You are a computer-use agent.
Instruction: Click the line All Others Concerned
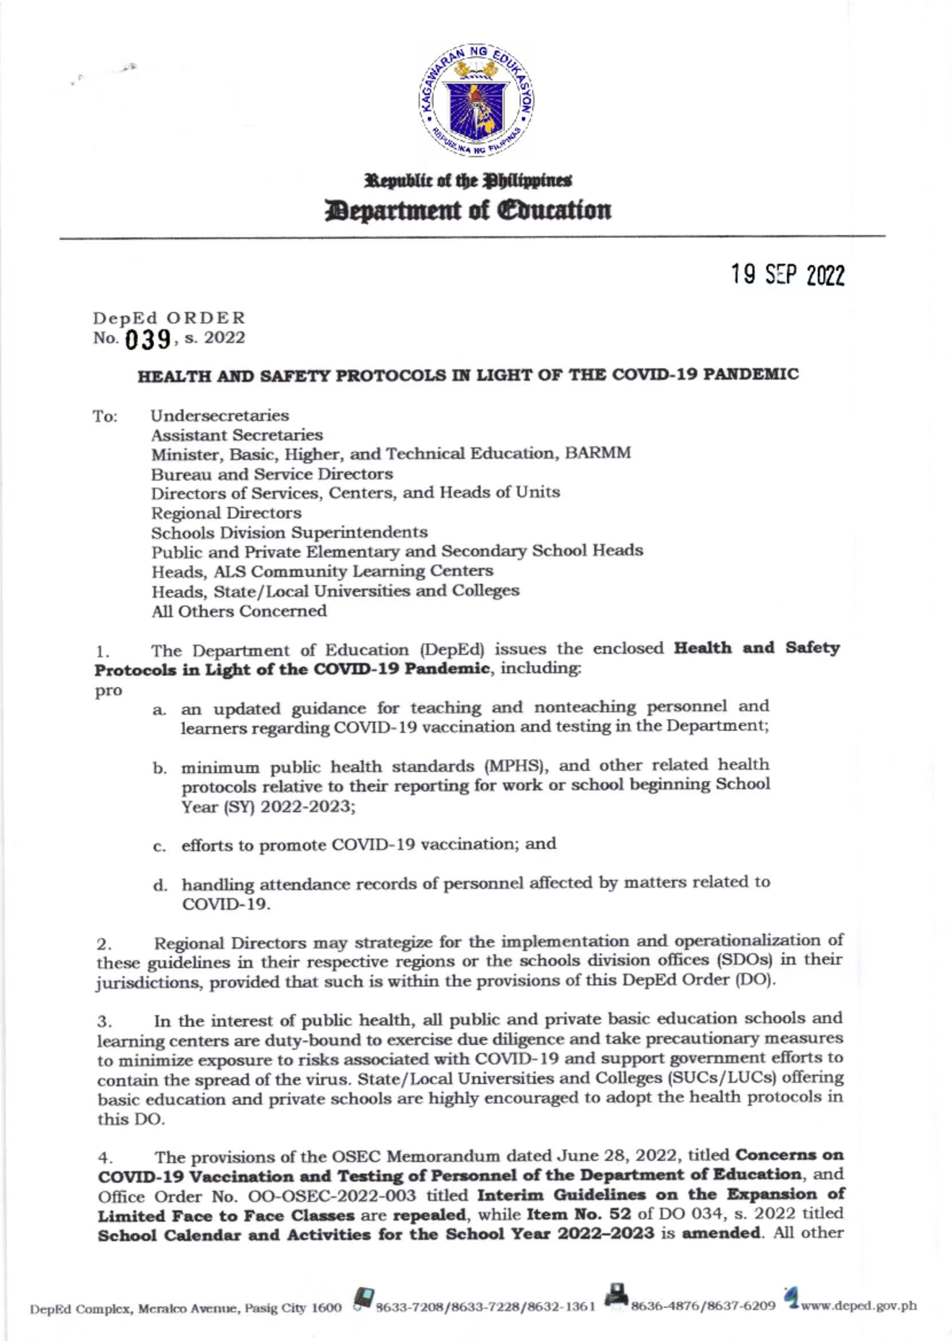[239, 611]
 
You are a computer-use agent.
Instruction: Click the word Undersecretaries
[220, 415]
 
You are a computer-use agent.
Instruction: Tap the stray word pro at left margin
[109, 690]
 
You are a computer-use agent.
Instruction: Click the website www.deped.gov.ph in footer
[859, 1306]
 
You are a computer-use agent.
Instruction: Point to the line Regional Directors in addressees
[226, 513]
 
